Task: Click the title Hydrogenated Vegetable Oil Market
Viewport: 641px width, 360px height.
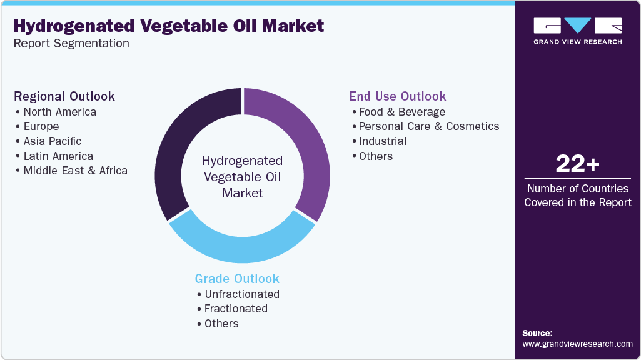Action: pyautogui.click(x=169, y=26)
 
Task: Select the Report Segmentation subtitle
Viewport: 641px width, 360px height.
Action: pyautogui.click(x=71, y=43)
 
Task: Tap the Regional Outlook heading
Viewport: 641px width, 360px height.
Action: pyautogui.click(x=64, y=96)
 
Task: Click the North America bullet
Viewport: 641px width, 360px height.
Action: pyautogui.click(x=59, y=112)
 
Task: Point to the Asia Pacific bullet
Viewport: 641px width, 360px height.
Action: pyautogui.click(x=52, y=141)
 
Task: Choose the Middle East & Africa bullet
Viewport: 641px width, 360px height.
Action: pyautogui.click(x=75, y=171)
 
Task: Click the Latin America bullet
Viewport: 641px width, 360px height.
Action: pyautogui.click(x=58, y=156)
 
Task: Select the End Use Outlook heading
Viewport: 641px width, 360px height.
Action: pyautogui.click(x=398, y=96)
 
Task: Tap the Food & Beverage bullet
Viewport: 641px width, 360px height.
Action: pyautogui.click(x=401, y=112)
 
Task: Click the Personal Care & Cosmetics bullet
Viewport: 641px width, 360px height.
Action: pyautogui.click(x=428, y=126)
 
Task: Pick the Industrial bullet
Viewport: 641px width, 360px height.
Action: pyautogui.click(x=382, y=141)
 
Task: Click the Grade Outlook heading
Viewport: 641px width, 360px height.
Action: pyautogui.click(x=237, y=279)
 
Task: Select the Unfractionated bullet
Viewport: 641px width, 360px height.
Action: pyautogui.click(x=241, y=294)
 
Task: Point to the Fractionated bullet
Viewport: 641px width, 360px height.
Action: pyautogui.click(x=236, y=309)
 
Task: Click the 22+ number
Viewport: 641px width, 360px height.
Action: pyautogui.click(x=577, y=164)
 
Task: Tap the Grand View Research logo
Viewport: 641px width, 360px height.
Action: pyautogui.click(x=577, y=31)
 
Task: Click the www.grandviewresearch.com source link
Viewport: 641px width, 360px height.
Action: pyautogui.click(x=577, y=344)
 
